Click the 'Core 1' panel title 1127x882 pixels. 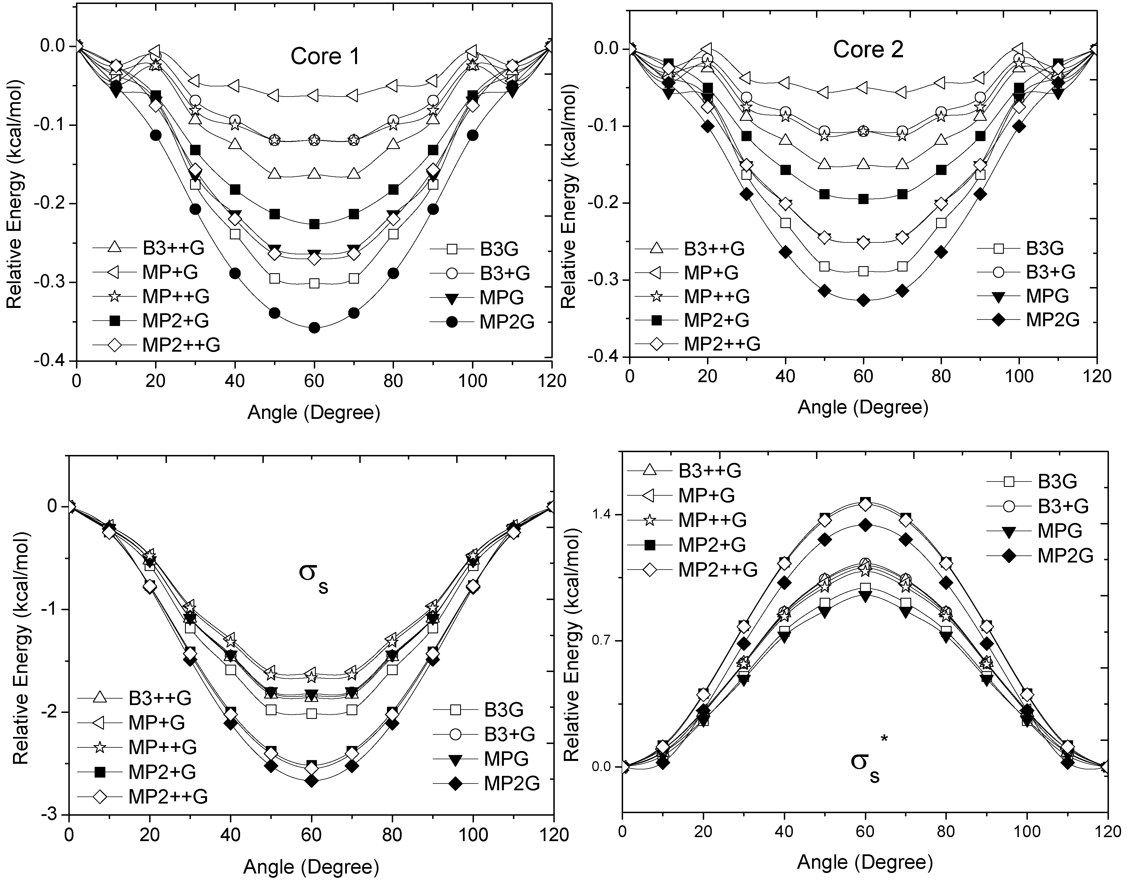click(x=325, y=56)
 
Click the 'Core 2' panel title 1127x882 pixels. click(x=868, y=50)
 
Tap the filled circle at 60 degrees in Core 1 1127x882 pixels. click(x=314, y=328)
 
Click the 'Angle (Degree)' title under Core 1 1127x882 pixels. click(x=314, y=413)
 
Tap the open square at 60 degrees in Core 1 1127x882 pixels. click(x=314, y=283)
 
